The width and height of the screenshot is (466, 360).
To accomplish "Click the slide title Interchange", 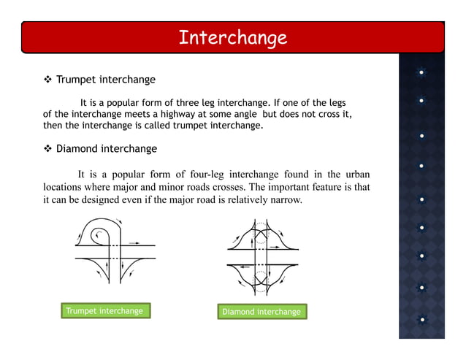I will [232, 37].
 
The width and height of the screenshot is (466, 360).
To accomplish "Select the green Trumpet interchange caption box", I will [104, 311].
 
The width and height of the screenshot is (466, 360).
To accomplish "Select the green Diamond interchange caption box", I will [261, 312].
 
